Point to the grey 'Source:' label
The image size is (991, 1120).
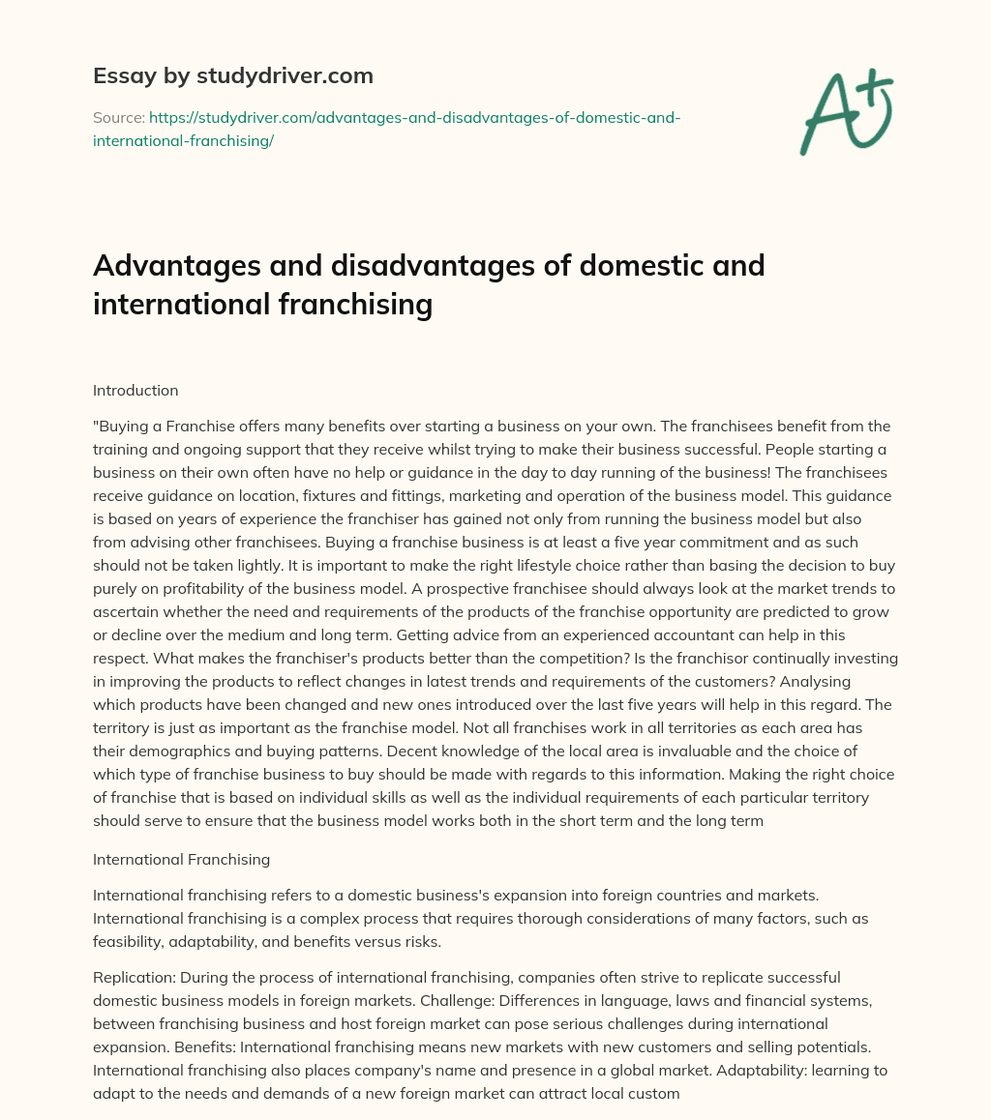click(118, 117)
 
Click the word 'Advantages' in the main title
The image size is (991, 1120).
click(173, 264)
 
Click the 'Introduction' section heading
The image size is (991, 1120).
click(135, 391)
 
